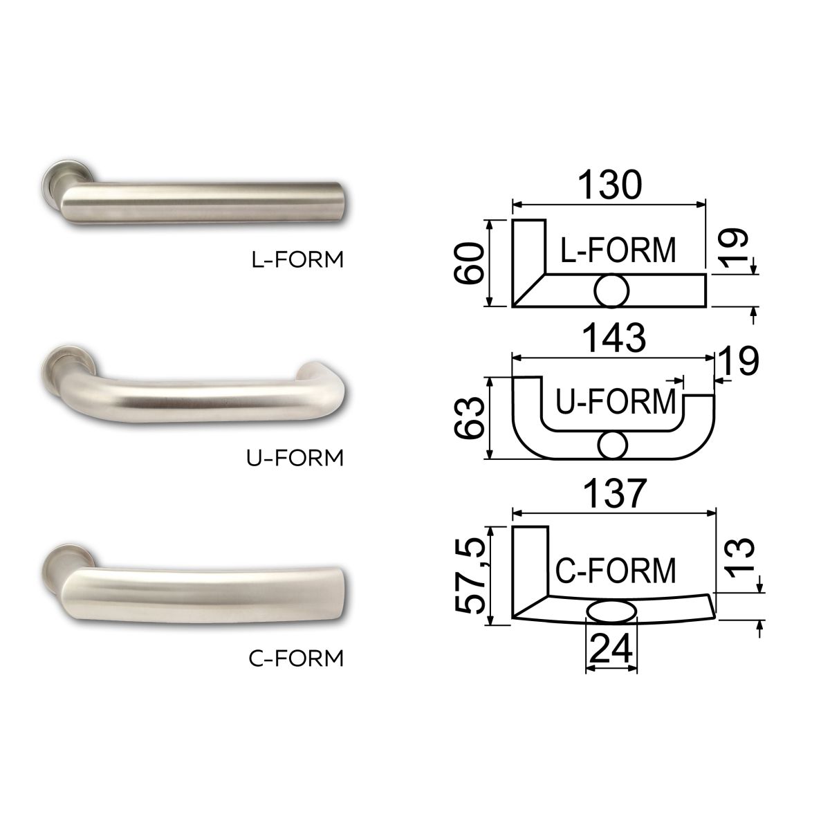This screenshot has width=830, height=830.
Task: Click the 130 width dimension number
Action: pos(609,185)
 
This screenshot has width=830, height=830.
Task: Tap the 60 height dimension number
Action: pos(469,263)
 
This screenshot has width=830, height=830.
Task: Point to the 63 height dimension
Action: pos(469,418)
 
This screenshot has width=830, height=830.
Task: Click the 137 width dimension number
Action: pos(614,492)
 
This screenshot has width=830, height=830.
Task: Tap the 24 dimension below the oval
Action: pos(611,647)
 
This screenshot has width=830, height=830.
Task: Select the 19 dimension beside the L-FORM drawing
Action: pos(734,247)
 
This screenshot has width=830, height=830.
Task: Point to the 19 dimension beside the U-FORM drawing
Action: pos(738,360)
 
